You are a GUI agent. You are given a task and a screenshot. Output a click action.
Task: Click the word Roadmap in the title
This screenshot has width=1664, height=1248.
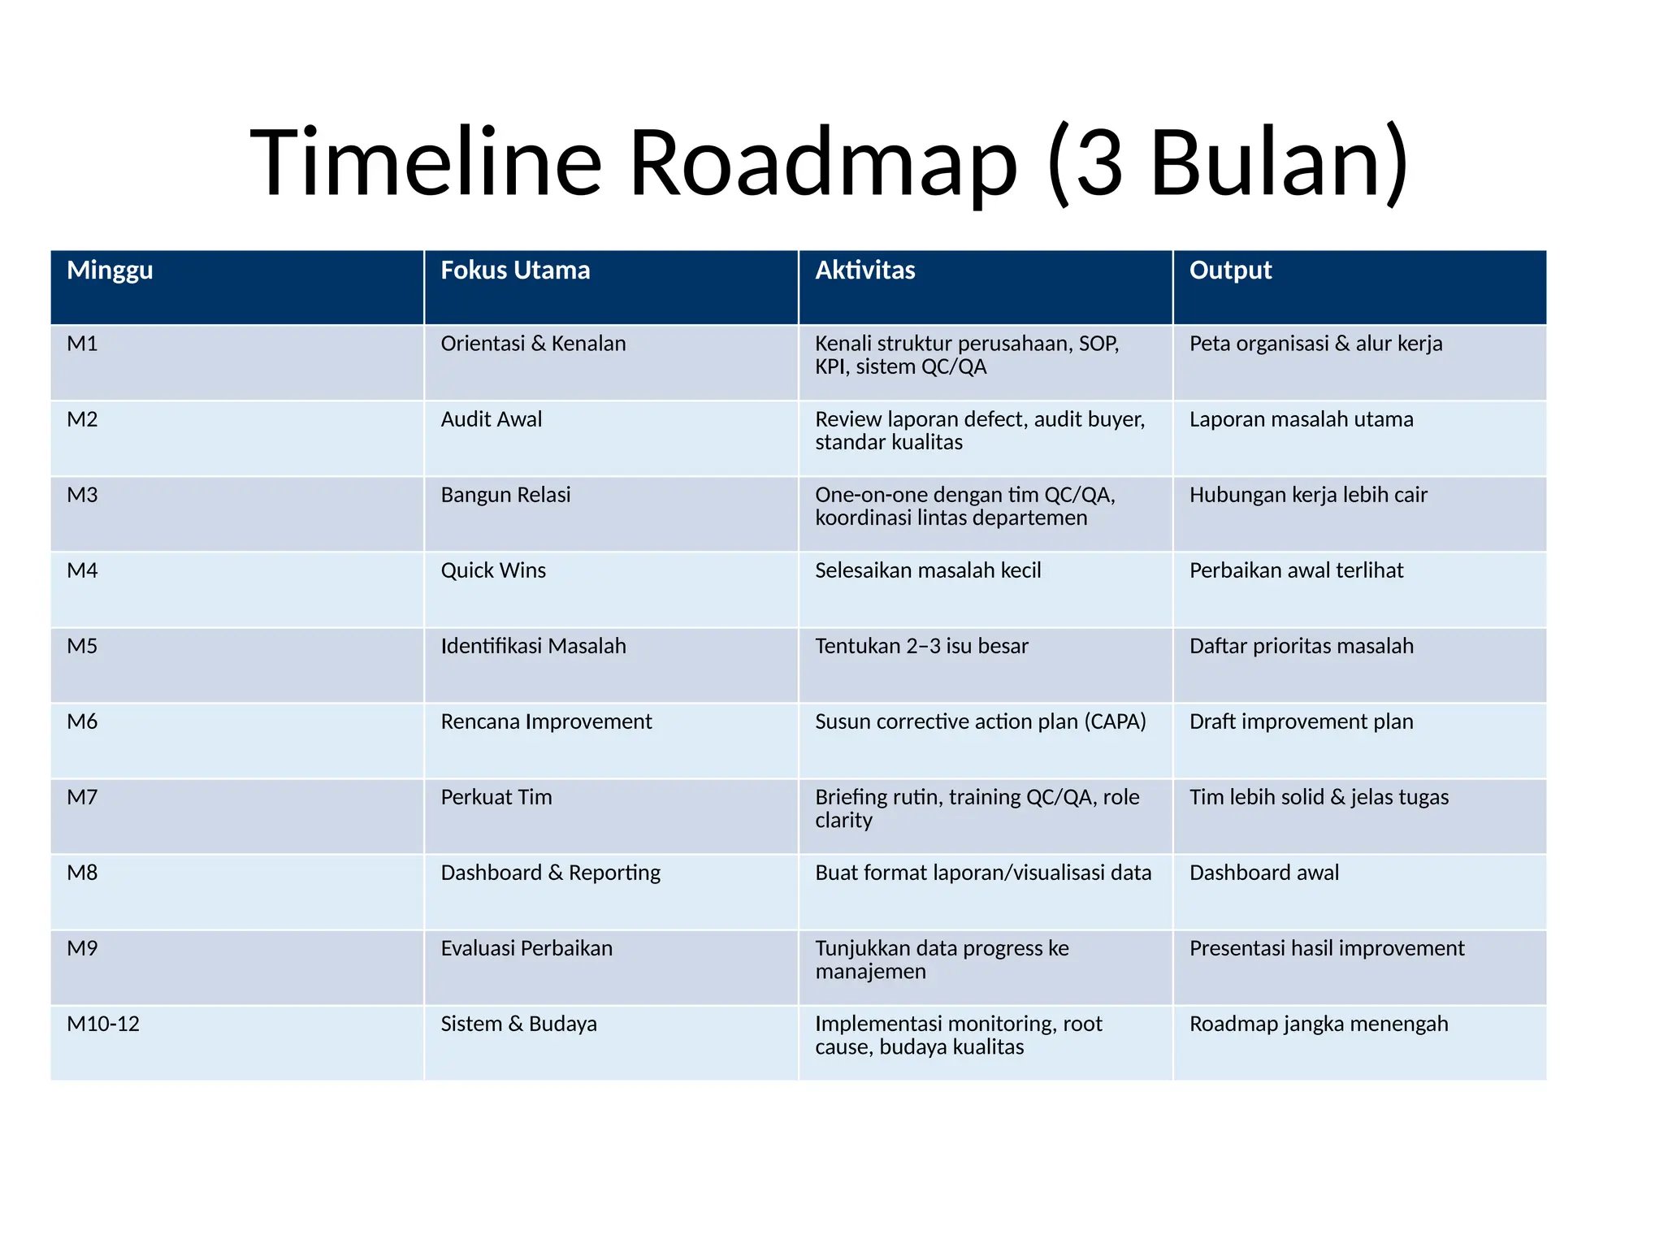(822, 162)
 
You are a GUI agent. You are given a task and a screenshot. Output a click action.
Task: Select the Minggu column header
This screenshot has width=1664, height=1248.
(110, 271)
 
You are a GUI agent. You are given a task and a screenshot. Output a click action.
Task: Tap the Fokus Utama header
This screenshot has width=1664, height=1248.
(515, 271)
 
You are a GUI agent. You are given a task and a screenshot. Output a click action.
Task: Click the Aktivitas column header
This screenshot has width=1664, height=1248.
(865, 271)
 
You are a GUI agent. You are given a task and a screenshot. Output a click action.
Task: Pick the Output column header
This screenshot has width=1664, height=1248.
(1230, 271)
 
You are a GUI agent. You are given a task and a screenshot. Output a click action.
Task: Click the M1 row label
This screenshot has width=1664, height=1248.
(82, 344)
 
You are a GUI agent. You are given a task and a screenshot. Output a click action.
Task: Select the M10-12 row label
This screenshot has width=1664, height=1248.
(103, 1024)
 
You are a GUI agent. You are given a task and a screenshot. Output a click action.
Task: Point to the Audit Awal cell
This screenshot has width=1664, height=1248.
(491, 419)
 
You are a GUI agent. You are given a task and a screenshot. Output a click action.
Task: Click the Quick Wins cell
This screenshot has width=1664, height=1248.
(493, 570)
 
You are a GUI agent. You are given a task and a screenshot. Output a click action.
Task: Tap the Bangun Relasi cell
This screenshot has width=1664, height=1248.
(505, 495)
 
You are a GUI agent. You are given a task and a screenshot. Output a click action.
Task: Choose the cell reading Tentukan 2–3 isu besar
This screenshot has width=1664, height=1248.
(921, 646)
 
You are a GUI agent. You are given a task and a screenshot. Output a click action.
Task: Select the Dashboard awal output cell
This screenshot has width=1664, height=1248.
(1264, 873)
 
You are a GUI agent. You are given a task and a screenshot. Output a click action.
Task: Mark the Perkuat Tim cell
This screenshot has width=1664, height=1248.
(496, 797)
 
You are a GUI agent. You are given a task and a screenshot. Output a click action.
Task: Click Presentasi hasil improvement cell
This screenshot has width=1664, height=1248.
(1327, 948)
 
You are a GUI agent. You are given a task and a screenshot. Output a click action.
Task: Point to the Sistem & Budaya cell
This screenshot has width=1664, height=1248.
(518, 1024)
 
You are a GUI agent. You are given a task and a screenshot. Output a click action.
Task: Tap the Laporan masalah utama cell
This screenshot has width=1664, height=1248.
(1301, 419)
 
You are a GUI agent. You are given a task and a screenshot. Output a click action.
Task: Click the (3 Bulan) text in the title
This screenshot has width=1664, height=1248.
(1228, 162)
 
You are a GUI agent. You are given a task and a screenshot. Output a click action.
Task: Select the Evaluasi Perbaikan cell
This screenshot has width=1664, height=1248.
(526, 948)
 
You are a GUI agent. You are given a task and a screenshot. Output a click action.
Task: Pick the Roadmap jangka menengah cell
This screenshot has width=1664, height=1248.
(1319, 1024)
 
